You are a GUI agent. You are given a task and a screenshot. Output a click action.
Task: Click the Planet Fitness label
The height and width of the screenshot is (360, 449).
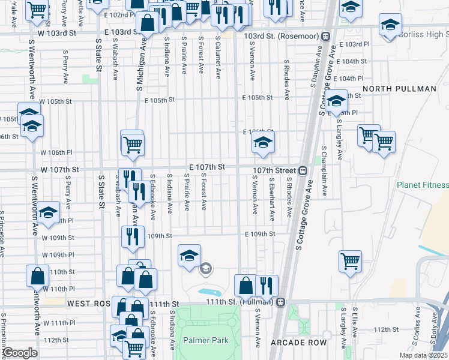[x=422, y=185]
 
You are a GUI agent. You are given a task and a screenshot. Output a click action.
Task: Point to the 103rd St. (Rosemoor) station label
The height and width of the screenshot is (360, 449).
[x=281, y=36]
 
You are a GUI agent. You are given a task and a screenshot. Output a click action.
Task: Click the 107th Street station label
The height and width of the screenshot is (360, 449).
[x=275, y=170]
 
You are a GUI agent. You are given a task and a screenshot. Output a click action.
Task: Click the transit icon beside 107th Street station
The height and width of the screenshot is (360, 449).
[x=303, y=170]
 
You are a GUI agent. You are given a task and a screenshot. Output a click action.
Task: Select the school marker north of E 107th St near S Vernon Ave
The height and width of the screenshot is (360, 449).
[x=262, y=143]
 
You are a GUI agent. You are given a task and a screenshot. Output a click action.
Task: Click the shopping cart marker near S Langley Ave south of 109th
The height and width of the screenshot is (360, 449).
[x=349, y=262]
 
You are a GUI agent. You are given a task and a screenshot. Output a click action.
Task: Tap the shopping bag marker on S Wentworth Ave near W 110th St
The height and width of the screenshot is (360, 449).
[x=37, y=276]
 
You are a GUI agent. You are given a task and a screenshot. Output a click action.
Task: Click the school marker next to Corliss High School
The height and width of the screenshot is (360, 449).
[x=390, y=26]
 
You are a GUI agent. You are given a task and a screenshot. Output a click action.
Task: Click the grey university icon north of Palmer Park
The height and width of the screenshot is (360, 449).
[x=206, y=268]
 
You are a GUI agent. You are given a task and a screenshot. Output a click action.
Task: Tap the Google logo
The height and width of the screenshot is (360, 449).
[x=20, y=353]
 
